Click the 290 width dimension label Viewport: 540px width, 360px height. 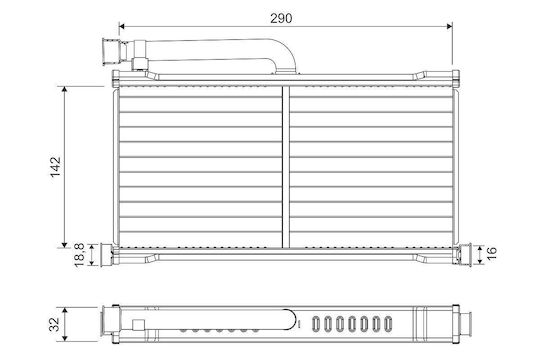(x=281, y=18)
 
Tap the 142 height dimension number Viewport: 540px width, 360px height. (x=55, y=167)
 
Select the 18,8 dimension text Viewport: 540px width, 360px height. (x=80, y=255)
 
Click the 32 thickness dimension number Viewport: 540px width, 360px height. (x=54, y=324)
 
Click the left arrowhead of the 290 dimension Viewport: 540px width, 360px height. (x=121, y=27)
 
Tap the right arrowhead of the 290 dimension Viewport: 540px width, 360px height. (x=449, y=27)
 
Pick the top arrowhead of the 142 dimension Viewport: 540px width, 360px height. (x=64, y=90)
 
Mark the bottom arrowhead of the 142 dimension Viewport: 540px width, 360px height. (x=64, y=245)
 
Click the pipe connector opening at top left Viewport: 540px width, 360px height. (x=111, y=51)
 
